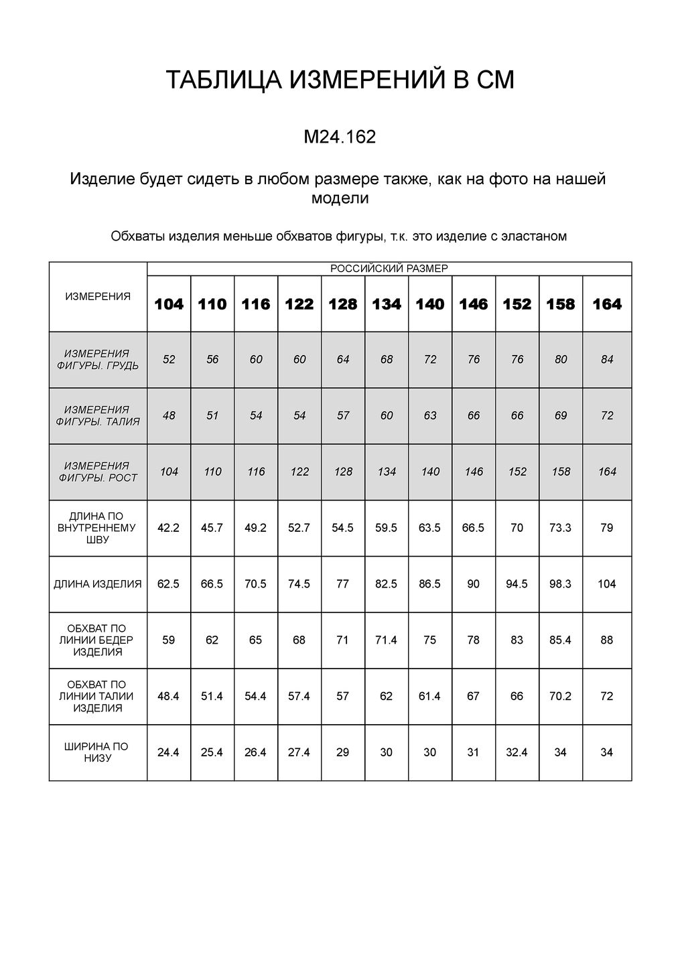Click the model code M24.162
point(340,137)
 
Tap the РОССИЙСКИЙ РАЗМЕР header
point(389,269)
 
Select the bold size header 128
point(343,304)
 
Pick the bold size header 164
point(607,304)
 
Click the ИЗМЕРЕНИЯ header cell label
point(98,296)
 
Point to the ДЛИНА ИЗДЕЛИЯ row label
point(98,584)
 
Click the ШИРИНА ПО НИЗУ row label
point(98,752)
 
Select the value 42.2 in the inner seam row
point(169,528)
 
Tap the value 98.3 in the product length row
point(561,584)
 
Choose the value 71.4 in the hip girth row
point(387,640)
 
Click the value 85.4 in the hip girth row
point(561,640)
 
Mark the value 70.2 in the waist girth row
point(561,696)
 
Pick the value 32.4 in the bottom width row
point(517,752)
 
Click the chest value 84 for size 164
point(607,360)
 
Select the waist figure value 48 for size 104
point(169,416)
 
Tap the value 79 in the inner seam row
point(607,528)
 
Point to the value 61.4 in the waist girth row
point(430,696)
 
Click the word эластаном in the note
point(534,236)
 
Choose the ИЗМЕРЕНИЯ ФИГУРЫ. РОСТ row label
point(98,472)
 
